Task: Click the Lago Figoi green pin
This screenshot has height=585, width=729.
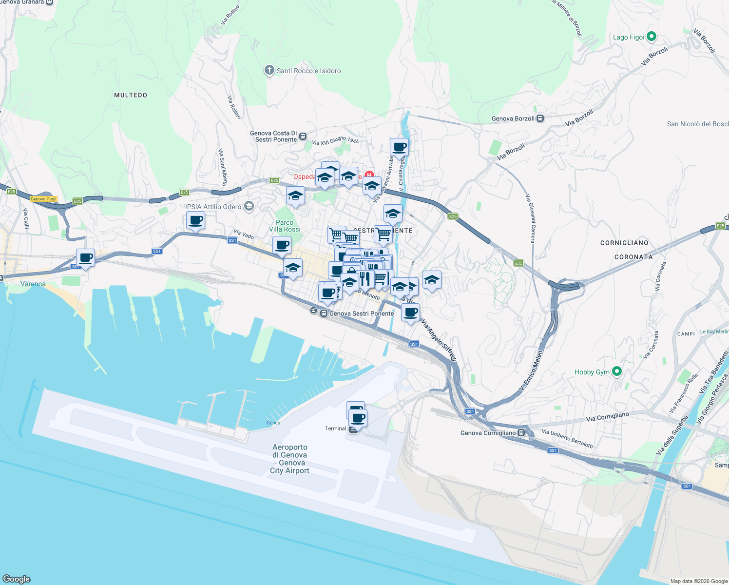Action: (x=652, y=37)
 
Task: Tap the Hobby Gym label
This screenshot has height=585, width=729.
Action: (x=592, y=372)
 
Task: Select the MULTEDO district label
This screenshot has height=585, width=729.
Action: (x=130, y=95)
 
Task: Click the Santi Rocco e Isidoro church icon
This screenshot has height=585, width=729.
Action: (x=269, y=71)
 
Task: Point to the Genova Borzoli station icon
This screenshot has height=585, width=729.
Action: (x=540, y=118)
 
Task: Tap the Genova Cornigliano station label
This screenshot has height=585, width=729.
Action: (x=488, y=433)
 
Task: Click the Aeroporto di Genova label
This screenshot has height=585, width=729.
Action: (x=290, y=458)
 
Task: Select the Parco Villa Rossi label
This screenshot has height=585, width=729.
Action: (x=285, y=226)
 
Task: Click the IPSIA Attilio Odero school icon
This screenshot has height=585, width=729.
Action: (x=249, y=206)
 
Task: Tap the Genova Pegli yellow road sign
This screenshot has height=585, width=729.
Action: (x=43, y=199)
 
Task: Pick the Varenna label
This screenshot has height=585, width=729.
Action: (x=33, y=284)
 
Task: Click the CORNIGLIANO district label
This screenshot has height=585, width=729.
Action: (x=624, y=243)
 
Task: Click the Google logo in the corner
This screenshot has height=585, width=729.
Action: (x=17, y=579)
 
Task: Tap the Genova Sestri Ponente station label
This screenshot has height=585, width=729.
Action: (x=361, y=313)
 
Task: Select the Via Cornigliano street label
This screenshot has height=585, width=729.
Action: (x=607, y=417)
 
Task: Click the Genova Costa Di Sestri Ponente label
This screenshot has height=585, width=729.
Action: (x=273, y=136)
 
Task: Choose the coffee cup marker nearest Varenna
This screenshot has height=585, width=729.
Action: (x=85, y=258)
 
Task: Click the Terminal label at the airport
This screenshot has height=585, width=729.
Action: (x=335, y=429)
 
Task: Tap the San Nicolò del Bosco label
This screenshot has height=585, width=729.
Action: (x=697, y=124)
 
